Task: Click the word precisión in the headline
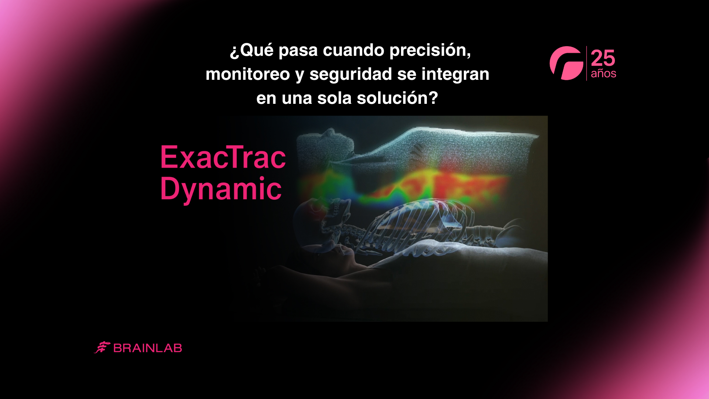click(430, 51)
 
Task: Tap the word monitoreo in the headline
click(248, 74)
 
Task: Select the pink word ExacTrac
click(223, 157)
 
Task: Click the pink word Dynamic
click(221, 189)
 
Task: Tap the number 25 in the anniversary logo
click(603, 58)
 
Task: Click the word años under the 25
click(603, 74)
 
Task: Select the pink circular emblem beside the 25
click(566, 63)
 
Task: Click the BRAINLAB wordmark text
click(148, 348)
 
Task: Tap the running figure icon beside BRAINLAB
click(102, 347)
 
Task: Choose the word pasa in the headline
click(298, 51)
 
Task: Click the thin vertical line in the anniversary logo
click(587, 63)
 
